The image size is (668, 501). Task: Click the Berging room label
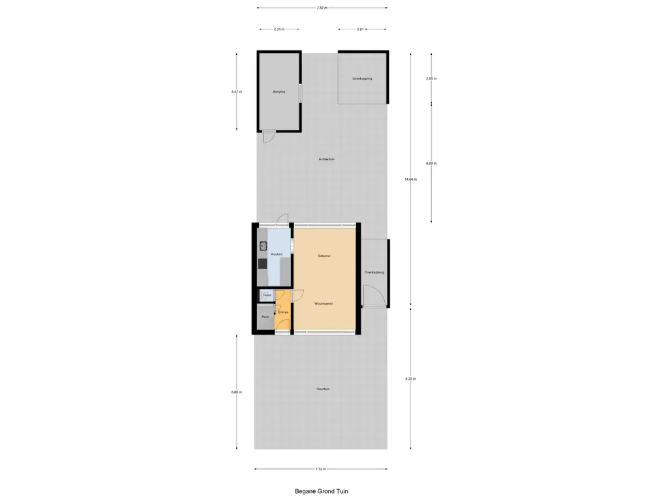tap(279, 92)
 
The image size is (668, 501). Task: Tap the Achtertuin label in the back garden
tap(327, 159)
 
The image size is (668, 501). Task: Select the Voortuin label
tap(323, 389)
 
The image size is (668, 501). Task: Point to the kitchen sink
tap(264, 246)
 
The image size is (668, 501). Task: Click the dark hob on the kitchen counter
tap(262, 264)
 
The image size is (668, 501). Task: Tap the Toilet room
tap(267, 296)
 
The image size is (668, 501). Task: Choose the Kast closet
tap(265, 317)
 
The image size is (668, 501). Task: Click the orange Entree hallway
tap(283, 313)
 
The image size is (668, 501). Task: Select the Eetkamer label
tap(324, 256)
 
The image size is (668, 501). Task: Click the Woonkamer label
tap(324, 304)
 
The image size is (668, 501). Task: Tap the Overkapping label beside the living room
tap(374, 272)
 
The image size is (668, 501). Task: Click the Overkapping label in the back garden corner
tap(362, 78)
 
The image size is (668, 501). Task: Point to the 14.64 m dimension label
tap(410, 179)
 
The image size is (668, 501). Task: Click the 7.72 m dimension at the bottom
tap(320, 469)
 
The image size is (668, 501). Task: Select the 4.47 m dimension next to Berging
tap(236, 92)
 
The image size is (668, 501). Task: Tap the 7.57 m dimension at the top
tap(322, 8)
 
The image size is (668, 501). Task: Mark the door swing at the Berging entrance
tap(267, 136)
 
